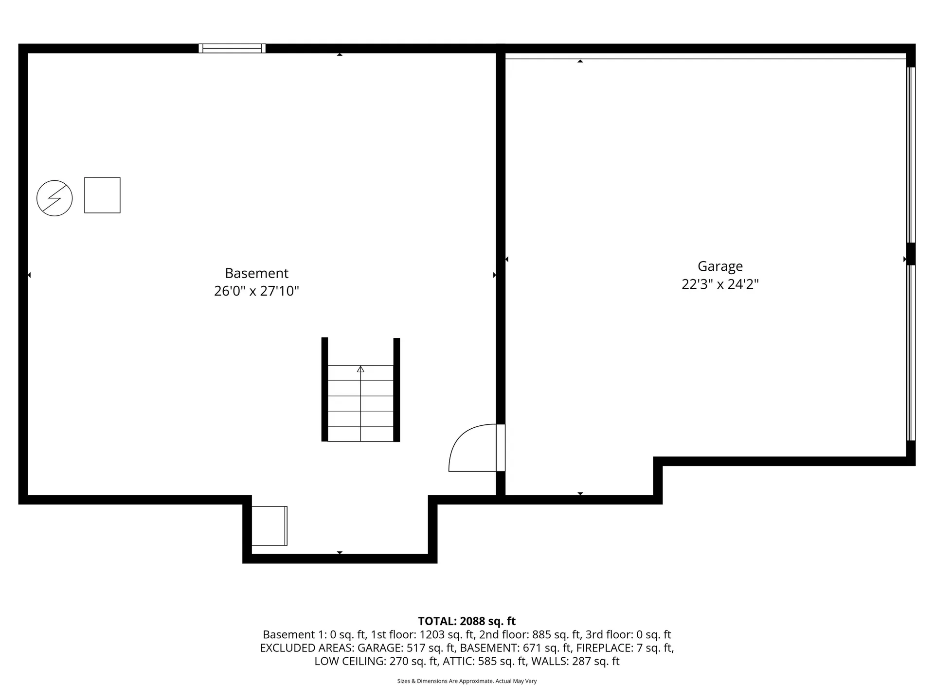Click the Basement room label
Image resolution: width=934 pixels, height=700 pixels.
pyautogui.click(x=256, y=273)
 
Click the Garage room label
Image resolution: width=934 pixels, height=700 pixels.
pyautogui.click(x=720, y=266)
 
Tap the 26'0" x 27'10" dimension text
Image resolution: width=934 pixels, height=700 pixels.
pyautogui.click(x=256, y=291)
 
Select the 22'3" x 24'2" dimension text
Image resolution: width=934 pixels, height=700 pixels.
pyautogui.click(x=720, y=284)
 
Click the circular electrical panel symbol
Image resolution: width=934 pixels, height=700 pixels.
pyautogui.click(x=54, y=198)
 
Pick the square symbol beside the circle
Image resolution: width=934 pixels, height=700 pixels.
pyautogui.click(x=102, y=195)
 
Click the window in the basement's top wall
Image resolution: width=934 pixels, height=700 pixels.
pyautogui.click(x=232, y=48)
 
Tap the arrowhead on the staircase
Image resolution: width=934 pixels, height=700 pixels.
pyautogui.click(x=360, y=369)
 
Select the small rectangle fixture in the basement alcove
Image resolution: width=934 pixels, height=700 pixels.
pyautogui.click(x=269, y=526)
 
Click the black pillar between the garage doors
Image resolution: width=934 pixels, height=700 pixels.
pyautogui.click(x=911, y=254)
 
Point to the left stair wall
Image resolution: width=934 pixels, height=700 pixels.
pyautogui.click(x=324, y=389)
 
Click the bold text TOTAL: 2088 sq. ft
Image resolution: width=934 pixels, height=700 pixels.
pyautogui.click(x=467, y=621)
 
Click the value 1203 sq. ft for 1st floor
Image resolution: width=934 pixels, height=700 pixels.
pyautogui.click(x=447, y=634)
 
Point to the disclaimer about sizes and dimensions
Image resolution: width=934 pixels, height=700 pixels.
pyautogui.click(x=467, y=681)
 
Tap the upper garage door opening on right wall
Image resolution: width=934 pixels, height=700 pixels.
pyautogui.click(x=911, y=155)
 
